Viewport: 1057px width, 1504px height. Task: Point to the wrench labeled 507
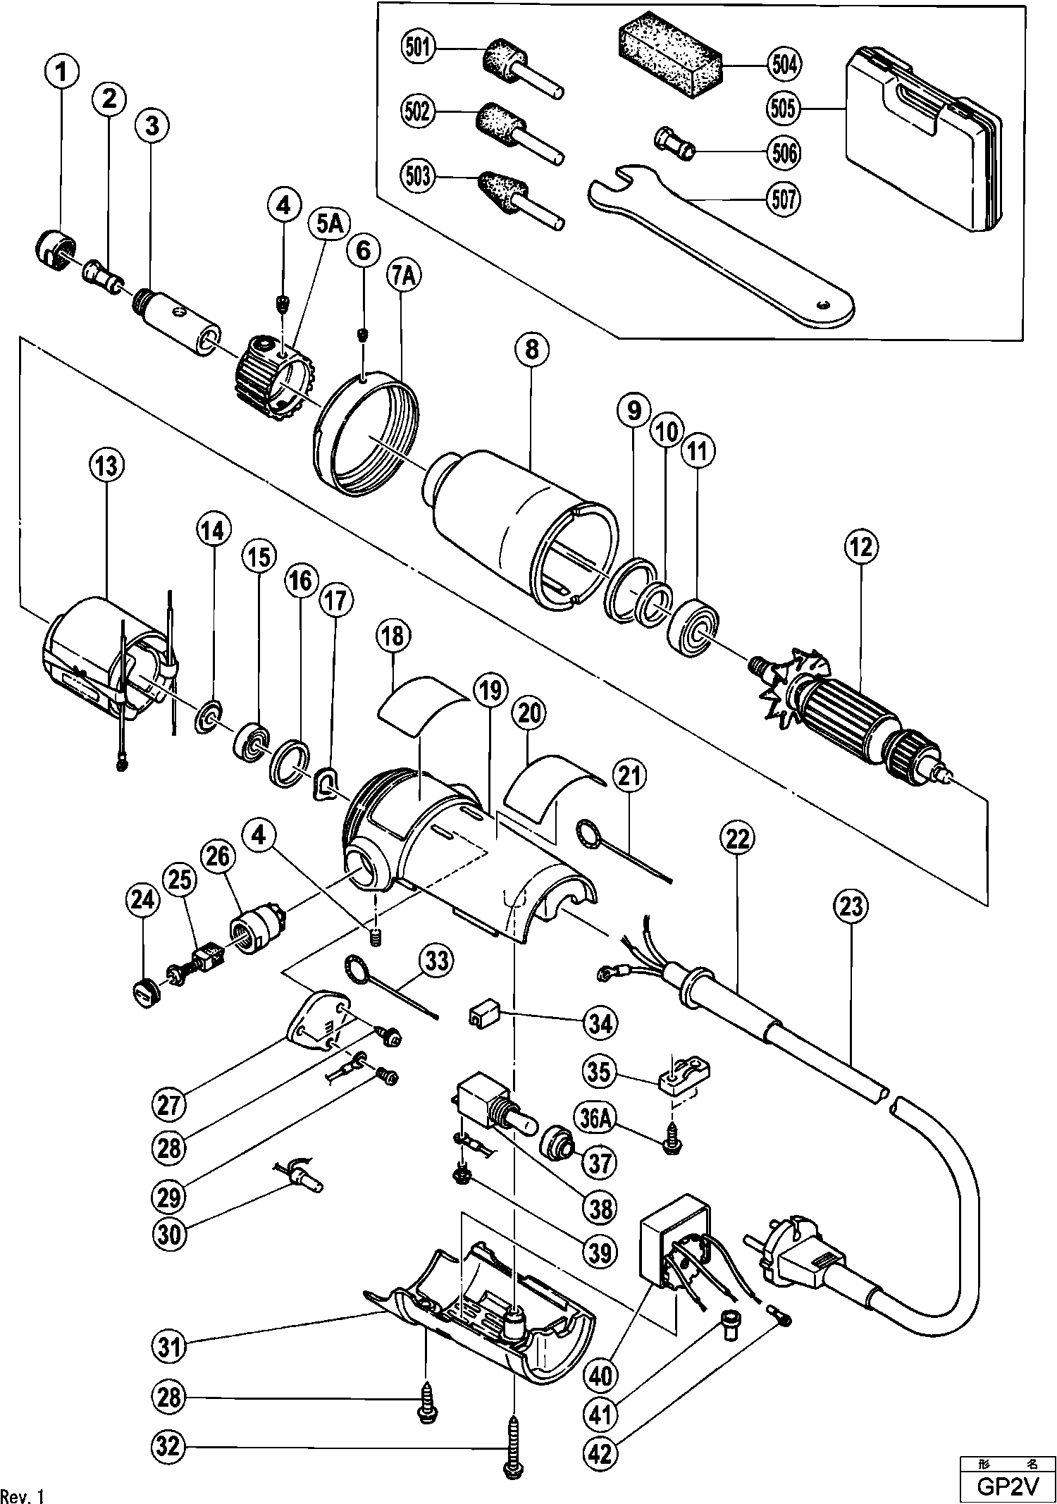(x=719, y=247)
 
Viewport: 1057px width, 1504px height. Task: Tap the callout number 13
(x=106, y=466)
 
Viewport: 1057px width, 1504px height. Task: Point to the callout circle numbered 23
(x=851, y=906)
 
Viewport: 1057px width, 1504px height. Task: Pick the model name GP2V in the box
(x=1008, y=1485)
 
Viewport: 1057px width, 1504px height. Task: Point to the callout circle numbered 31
(x=170, y=1347)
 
